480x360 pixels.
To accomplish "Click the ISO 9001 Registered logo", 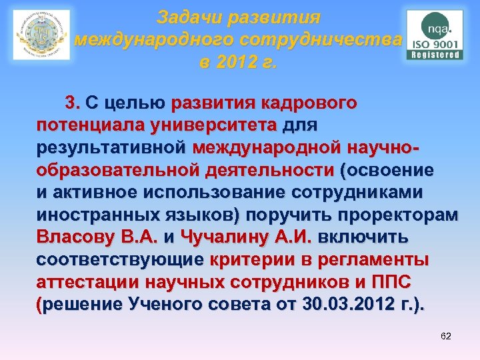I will click(433, 35).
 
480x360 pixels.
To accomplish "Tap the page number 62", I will click(446, 336).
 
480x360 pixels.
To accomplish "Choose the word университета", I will click(213, 126).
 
